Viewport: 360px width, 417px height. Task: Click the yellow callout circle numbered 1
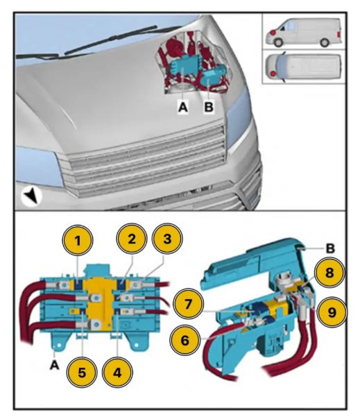pos(78,240)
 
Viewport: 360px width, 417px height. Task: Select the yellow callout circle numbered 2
pos(132,239)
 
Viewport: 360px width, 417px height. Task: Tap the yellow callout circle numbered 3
pos(167,239)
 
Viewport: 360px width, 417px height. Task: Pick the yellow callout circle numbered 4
pos(117,373)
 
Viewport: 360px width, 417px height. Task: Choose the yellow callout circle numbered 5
pos(82,373)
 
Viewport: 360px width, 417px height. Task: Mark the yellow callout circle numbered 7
pos(188,304)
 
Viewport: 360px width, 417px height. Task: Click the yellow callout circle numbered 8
pos(329,272)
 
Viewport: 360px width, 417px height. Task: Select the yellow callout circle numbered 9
pos(332,312)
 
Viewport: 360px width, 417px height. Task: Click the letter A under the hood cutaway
pos(183,108)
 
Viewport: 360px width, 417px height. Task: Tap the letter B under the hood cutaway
pos(209,107)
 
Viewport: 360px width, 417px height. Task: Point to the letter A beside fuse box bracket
pos(54,365)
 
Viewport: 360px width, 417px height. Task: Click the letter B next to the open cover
pos(330,248)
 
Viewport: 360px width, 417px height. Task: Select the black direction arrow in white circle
pos(31,196)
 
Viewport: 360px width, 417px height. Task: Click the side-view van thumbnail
pos(304,33)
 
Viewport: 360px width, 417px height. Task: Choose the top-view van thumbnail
pos(303,67)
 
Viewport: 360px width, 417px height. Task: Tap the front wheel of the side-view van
pos(278,42)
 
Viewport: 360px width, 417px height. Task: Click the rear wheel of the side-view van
pos(325,42)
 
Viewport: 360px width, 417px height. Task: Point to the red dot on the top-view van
pos(273,73)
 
